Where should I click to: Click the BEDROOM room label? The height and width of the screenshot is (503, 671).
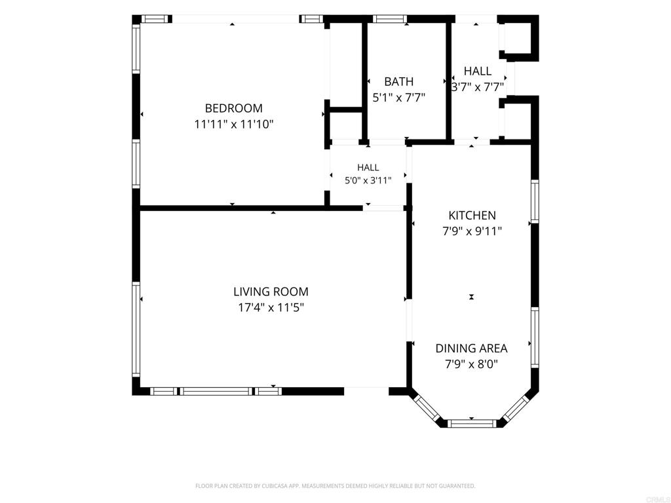tap(234, 108)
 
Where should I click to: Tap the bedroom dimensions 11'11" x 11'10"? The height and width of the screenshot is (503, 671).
tap(234, 124)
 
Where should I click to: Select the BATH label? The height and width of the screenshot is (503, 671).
tap(399, 81)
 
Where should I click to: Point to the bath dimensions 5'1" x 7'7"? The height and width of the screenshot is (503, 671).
tap(399, 98)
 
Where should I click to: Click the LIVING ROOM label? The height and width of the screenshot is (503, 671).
tap(271, 291)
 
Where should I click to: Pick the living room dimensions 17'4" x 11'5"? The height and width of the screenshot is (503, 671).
tap(271, 308)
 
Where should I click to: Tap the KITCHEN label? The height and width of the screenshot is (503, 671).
tap(472, 215)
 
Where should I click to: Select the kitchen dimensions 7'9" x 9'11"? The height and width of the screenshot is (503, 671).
tap(472, 231)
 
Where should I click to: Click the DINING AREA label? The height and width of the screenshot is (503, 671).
tap(472, 348)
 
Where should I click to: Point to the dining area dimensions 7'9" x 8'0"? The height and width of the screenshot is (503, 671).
tap(472, 364)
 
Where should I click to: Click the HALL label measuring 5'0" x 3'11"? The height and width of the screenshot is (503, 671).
tap(368, 167)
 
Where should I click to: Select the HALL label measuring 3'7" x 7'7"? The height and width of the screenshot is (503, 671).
tap(478, 71)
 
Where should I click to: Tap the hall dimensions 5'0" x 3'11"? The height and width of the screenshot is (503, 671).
tap(368, 181)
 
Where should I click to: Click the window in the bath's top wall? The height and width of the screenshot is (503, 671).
tap(389, 19)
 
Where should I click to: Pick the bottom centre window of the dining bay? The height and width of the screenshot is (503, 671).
tap(472, 424)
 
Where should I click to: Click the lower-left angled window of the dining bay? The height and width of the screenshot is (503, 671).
tap(427, 409)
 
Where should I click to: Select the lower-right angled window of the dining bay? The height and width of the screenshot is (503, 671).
tap(516, 409)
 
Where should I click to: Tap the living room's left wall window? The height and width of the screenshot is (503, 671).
tap(136, 329)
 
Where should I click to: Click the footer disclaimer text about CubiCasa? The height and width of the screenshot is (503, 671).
tap(335, 486)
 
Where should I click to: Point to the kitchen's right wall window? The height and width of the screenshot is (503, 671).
tap(535, 201)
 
